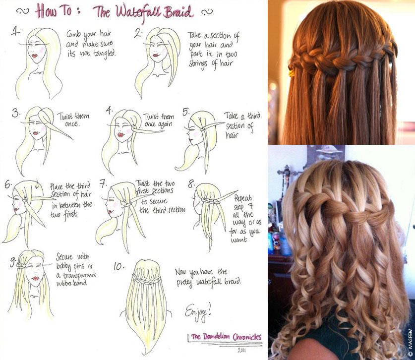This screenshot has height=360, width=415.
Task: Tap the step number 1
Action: pyautogui.click(x=15, y=31)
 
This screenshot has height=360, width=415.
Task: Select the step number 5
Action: pyautogui.click(x=186, y=112)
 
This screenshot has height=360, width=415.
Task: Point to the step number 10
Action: pyautogui.click(x=119, y=266)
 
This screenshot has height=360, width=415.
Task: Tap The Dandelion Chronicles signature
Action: pyautogui.click(x=226, y=337)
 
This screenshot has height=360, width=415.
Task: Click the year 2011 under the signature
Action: pyautogui.click(x=241, y=350)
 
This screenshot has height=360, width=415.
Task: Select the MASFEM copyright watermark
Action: pyautogui.click(x=411, y=343)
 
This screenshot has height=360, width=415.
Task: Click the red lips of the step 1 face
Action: pyautogui.click(x=35, y=56)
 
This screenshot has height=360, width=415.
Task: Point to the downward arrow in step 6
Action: pyautogui.click(x=37, y=183)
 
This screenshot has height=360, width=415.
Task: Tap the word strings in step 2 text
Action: pyautogui.click(x=198, y=64)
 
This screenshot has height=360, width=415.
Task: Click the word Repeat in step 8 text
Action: pyautogui.click(x=243, y=198)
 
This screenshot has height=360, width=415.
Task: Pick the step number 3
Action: pyautogui.click(x=16, y=113)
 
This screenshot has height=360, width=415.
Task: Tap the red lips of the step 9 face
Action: pyautogui.click(x=35, y=279)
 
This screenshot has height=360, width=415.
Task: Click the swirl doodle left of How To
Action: pyautogui.click(x=22, y=11)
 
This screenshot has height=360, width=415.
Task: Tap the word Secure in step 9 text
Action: pyautogui.click(x=64, y=256)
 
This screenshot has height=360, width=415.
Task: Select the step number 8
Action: pyautogui.click(x=191, y=183)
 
